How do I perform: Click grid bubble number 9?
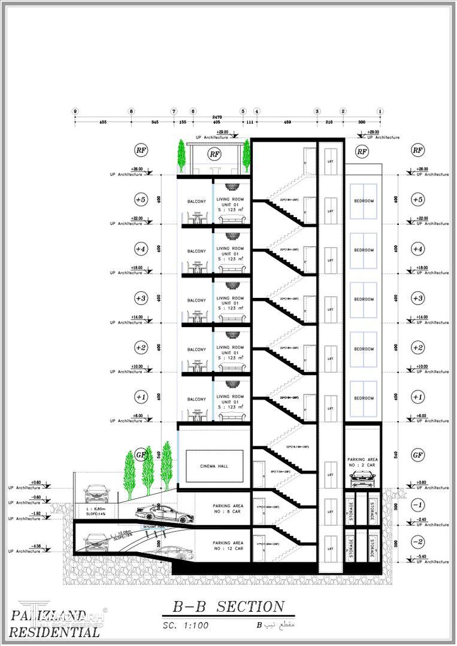click(x=75, y=111)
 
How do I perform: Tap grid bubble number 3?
click(x=317, y=111)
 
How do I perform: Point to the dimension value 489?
click(x=287, y=123)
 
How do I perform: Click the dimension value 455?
click(x=103, y=123)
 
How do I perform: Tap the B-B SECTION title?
click(x=229, y=607)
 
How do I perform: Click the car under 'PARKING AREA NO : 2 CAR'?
click(x=362, y=478)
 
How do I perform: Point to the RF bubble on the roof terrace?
click(x=214, y=154)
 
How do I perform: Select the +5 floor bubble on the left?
click(x=140, y=199)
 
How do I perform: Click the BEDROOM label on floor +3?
click(x=364, y=300)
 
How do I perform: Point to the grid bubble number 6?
click(x=193, y=111)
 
